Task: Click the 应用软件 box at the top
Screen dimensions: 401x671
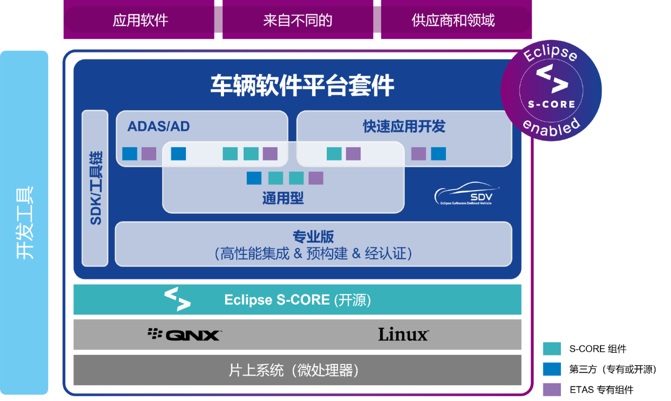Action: pos(140,21)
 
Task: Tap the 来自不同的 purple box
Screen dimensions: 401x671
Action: pos(297,21)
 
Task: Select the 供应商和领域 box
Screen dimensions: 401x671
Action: pos(453,21)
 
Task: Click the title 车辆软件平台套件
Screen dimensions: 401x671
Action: pos(302,85)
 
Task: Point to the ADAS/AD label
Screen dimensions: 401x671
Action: pos(158,126)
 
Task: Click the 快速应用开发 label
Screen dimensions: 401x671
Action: pos(404,126)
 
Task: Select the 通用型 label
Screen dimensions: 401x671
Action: pos(283,199)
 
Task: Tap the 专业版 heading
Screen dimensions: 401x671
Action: pos(314,236)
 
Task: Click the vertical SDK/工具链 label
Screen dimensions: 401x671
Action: pos(96,188)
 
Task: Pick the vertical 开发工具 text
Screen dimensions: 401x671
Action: pos(25,222)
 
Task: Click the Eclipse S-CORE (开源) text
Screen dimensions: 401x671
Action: pos(297,300)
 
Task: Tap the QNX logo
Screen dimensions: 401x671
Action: pos(184,334)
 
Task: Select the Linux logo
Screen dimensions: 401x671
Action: pos(403,334)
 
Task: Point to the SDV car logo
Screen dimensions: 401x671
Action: pos(466,194)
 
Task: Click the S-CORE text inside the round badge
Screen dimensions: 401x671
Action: pos(551,104)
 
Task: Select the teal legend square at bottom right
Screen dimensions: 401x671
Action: pos(552,349)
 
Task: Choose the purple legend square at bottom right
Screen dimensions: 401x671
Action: pos(552,389)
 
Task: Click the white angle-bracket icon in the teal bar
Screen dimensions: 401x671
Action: pos(177,299)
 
